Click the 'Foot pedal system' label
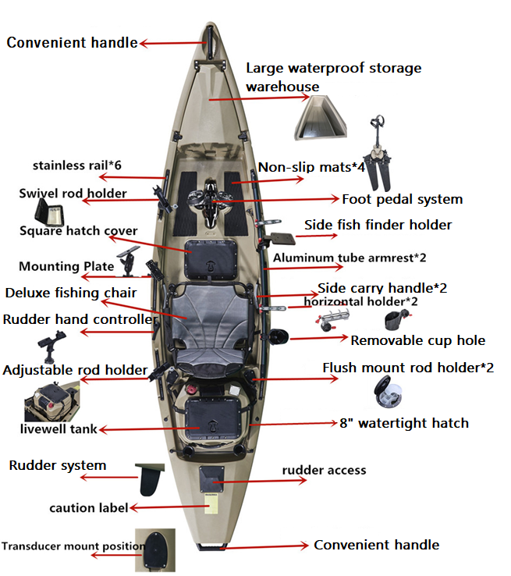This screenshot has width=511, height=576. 403,200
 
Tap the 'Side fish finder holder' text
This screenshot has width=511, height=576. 378,225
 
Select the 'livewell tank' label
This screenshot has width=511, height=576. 59,428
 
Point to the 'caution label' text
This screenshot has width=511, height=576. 88,507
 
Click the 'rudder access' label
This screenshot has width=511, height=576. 324,470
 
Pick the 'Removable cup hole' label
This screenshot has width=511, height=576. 418,340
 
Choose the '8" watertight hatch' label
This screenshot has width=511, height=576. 404,423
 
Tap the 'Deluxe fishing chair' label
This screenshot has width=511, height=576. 71,293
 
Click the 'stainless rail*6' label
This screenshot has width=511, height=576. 77,165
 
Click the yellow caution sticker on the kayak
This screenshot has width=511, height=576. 211,503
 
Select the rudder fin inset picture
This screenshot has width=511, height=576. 151,479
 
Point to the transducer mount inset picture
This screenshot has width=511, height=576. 155,550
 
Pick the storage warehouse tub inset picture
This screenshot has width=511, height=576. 321,118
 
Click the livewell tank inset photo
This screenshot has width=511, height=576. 52,401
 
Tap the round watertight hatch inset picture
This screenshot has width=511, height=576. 388,392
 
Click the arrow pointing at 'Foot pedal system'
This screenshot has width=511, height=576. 275,200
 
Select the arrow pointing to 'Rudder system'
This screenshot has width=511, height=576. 108,478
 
